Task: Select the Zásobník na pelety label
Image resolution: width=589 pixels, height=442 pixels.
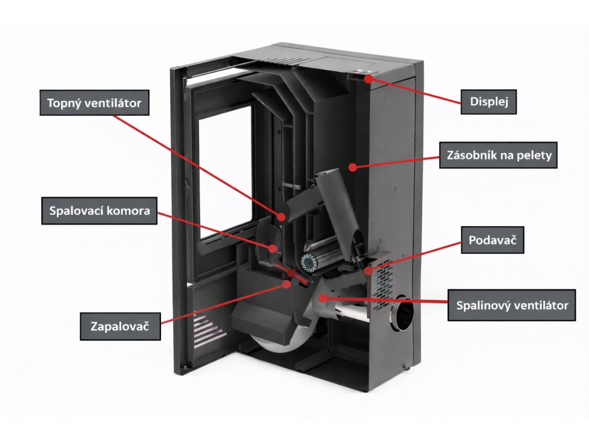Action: tap(498, 155)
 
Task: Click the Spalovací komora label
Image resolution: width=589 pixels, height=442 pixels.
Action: tap(99, 211)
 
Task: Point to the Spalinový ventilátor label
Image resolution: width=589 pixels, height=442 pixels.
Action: tap(512, 305)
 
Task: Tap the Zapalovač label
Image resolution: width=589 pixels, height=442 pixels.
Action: tap(120, 327)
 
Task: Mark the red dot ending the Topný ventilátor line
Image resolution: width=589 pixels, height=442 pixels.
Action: tap(282, 217)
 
